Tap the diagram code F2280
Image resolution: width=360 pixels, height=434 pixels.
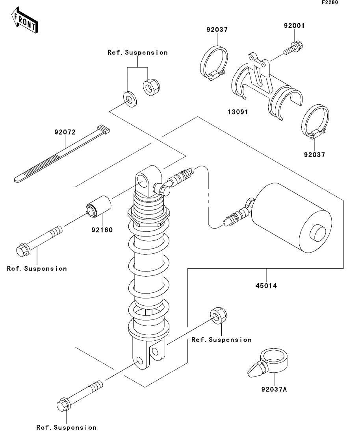click(x=330, y=2)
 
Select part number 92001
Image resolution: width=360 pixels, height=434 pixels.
click(x=294, y=26)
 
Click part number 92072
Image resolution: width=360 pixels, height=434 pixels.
click(x=65, y=132)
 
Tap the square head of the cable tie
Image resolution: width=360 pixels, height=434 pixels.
click(x=103, y=129)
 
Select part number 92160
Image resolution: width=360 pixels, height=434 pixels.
click(x=102, y=230)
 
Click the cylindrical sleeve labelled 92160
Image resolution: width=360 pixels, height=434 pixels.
click(x=98, y=205)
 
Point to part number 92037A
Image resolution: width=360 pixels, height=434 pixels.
click(x=274, y=390)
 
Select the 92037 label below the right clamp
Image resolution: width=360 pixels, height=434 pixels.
click(x=314, y=155)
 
